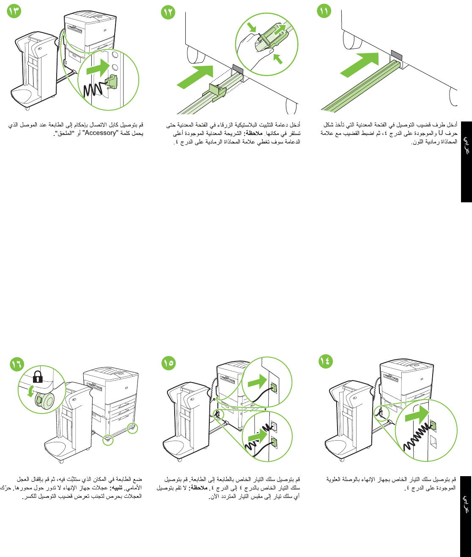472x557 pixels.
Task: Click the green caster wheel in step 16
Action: click(x=43, y=399)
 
